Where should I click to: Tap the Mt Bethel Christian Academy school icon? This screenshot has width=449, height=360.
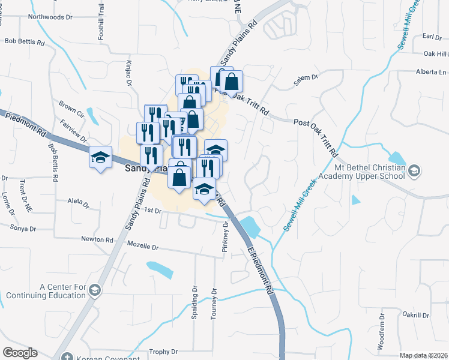(x=414, y=172)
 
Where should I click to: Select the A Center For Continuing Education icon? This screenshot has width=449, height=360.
(x=94, y=291)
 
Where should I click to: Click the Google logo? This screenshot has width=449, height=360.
(x=20, y=352)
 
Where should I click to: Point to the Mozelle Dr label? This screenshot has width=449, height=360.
(x=142, y=247)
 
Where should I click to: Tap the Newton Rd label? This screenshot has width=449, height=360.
(x=97, y=239)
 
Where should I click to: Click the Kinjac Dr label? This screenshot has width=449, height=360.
(x=128, y=71)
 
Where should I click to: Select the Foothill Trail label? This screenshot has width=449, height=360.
(x=101, y=22)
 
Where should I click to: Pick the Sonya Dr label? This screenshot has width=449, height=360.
(x=23, y=227)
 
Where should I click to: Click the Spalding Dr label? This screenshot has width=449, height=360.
(x=194, y=302)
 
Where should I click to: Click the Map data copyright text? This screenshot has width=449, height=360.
(x=423, y=355)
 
